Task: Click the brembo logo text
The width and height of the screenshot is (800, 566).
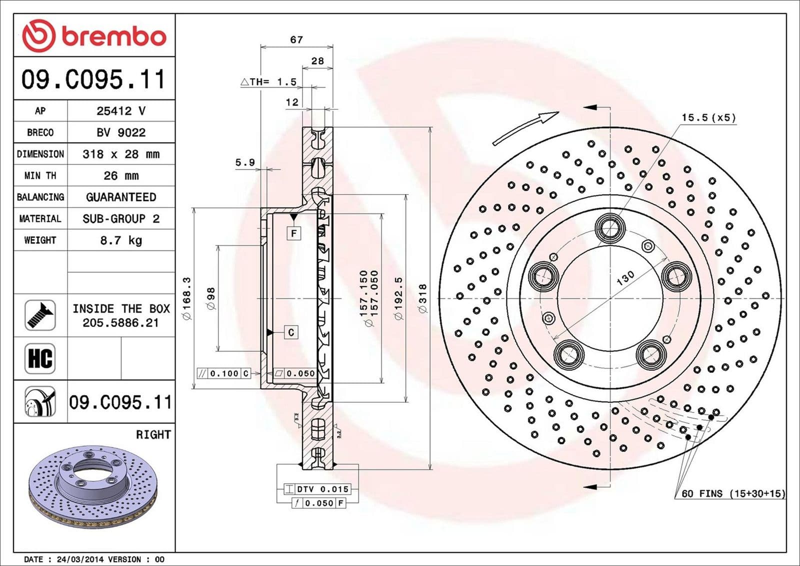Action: (113, 36)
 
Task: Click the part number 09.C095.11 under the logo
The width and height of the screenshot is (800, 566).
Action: (93, 79)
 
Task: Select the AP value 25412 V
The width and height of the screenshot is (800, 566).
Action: (121, 111)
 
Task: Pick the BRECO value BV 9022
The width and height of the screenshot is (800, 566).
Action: (121, 132)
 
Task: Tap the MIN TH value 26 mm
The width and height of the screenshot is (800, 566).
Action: (121, 175)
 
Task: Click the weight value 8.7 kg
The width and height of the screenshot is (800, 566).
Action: (121, 240)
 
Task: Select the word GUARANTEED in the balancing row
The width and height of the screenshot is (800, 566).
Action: (121, 197)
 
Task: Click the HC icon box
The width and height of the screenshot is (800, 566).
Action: (40, 358)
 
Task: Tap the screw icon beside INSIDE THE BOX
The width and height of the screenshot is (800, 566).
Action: (40, 315)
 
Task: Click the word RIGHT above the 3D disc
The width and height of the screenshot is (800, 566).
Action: (153, 434)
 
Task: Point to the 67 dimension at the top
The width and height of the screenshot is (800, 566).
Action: (296, 39)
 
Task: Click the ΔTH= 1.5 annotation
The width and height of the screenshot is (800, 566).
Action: (268, 82)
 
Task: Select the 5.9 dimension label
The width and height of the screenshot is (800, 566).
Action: (245, 162)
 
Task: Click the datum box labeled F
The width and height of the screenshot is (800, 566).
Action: (294, 233)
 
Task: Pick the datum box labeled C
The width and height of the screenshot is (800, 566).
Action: (291, 332)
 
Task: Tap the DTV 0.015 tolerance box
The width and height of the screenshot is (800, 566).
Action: (317, 489)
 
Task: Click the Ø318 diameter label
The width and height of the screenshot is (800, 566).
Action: (423, 299)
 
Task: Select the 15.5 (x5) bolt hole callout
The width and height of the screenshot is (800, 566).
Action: (708, 117)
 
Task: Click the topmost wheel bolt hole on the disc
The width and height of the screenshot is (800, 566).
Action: (610, 227)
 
